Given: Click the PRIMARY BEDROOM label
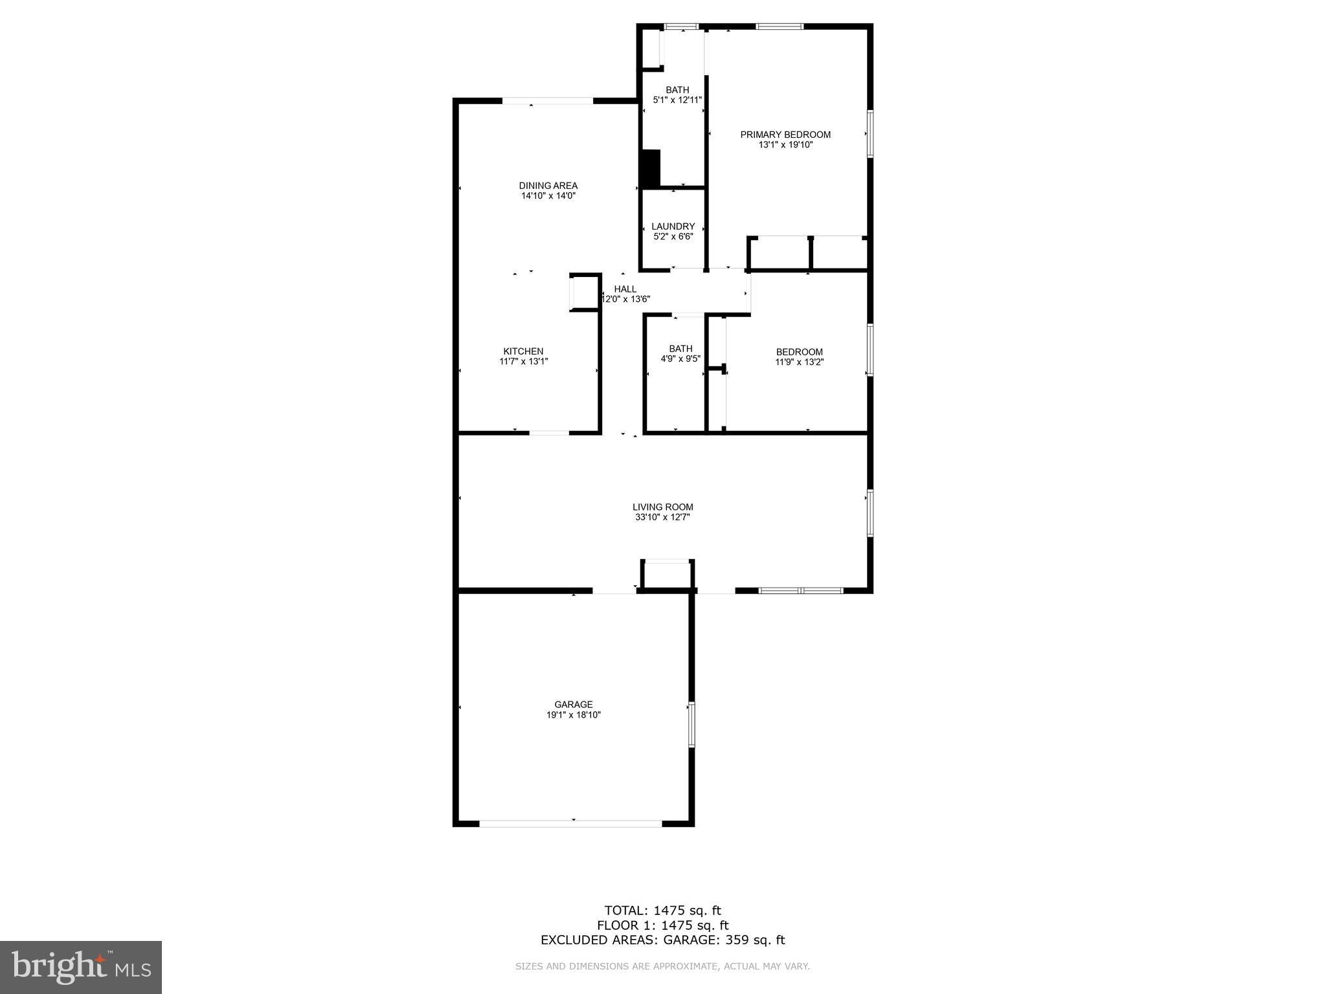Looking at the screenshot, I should [x=785, y=135].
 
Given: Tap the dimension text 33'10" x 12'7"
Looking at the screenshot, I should [x=662, y=518].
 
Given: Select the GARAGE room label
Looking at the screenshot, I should [x=573, y=705].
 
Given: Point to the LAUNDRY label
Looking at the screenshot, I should [x=673, y=226].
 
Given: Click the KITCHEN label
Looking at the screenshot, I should [x=523, y=351].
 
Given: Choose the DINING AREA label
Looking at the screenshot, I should [x=548, y=186].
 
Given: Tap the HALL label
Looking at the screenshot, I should [x=625, y=289].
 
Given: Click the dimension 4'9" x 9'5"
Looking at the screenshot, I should [x=680, y=359].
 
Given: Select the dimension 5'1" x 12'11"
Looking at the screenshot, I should [x=677, y=100].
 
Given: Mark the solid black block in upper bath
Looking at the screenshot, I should [x=649, y=169].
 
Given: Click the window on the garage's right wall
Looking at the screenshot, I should [x=691, y=724].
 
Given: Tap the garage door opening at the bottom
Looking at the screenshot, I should [x=570, y=824].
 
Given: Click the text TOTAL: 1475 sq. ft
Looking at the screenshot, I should [x=662, y=911].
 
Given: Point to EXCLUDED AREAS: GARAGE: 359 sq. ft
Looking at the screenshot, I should [x=662, y=940].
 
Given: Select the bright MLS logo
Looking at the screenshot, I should [x=81, y=967].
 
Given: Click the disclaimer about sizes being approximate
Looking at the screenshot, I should [x=662, y=966].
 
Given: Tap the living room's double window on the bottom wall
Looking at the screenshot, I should [x=801, y=590].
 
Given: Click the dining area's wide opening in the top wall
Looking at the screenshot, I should [x=548, y=101].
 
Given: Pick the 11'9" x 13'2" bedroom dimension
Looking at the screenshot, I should [x=799, y=362].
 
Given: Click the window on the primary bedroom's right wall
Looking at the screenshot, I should [x=870, y=134].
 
